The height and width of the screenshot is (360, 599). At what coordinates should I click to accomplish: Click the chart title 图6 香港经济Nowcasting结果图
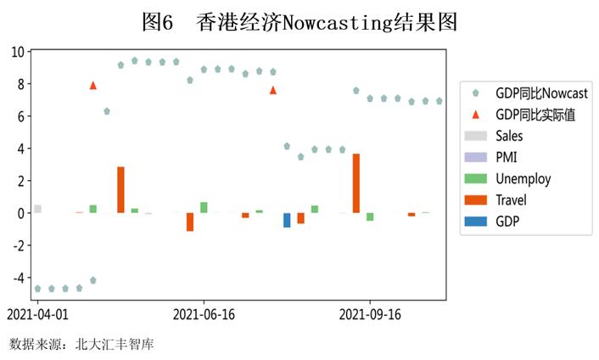tap(300, 23)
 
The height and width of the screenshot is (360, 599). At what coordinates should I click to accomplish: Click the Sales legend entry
tap(508, 136)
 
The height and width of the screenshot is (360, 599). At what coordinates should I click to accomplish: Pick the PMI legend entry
tap(506, 157)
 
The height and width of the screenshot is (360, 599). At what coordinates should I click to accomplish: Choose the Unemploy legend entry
tap(522, 178)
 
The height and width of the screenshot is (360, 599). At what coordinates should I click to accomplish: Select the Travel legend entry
tap(510, 200)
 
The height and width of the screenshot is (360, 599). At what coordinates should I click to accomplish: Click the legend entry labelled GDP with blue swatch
tap(507, 222)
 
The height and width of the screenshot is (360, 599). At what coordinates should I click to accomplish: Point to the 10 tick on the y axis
tap(18, 51)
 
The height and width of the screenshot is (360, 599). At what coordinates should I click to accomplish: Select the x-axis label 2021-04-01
tap(37, 314)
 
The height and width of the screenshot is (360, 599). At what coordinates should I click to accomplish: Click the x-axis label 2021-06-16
tap(204, 314)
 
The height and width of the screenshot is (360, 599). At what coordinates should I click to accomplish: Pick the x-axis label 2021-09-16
tap(370, 314)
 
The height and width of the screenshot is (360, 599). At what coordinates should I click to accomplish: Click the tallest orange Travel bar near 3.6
tap(356, 183)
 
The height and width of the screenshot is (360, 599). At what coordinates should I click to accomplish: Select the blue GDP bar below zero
tap(287, 220)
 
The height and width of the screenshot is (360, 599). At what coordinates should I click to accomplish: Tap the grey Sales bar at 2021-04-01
tap(37, 209)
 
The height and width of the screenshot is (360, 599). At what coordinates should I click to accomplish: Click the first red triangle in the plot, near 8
tap(92, 85)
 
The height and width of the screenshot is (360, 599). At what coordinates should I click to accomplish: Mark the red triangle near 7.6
tap(273, 90)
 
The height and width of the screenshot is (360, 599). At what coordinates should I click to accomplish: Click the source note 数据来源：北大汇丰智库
tap(81, 344)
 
